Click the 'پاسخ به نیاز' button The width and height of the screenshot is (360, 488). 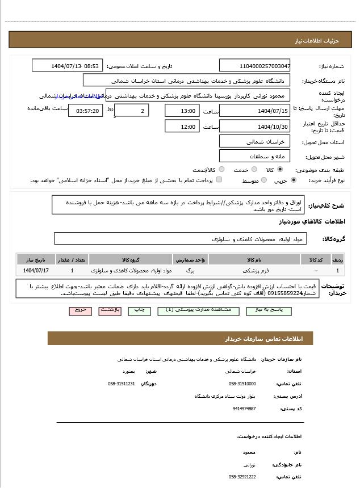coord(266,310)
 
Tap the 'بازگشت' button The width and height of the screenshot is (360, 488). coord(110,310)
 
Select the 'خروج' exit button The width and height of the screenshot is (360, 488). coord(80,310)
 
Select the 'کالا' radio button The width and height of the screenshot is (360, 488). coord(280,170)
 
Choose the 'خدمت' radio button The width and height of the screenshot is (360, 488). coord(254,170)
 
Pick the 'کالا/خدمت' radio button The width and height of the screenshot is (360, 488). coord(221,170)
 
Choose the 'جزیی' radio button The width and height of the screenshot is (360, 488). coord(293,180)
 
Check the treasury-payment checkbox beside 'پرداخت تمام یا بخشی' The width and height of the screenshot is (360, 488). coord(219,180)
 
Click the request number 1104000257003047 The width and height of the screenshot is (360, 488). coord(255,66)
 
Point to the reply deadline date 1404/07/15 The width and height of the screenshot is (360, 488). coord(255,111)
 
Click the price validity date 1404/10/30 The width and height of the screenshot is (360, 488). coord(255,127)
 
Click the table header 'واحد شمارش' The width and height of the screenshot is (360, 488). coord(190,259)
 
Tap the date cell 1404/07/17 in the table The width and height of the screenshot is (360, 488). coord(36,271)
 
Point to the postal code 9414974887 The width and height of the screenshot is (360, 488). coord(244,408)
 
